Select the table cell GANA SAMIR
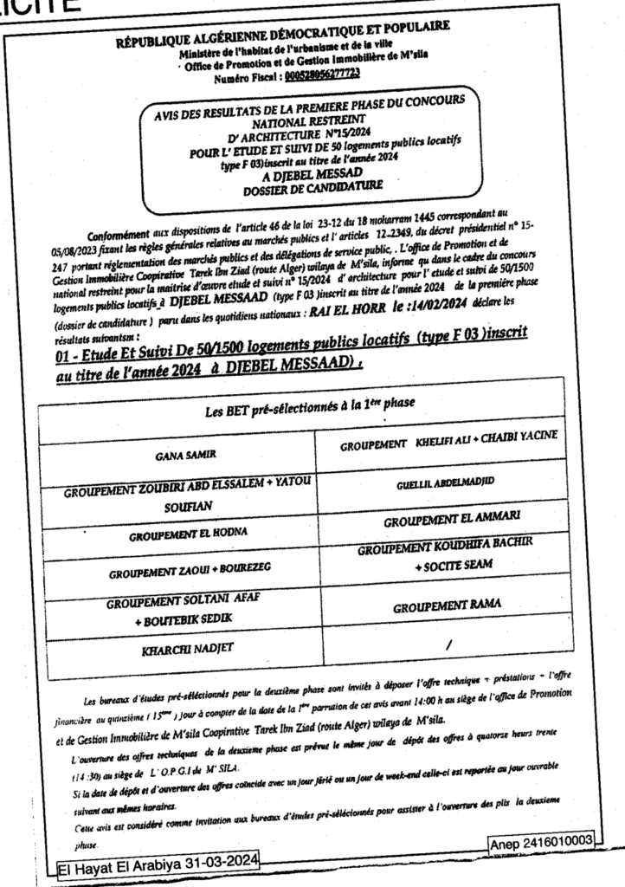coord(186,453)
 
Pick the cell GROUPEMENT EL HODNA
coord(184,536)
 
